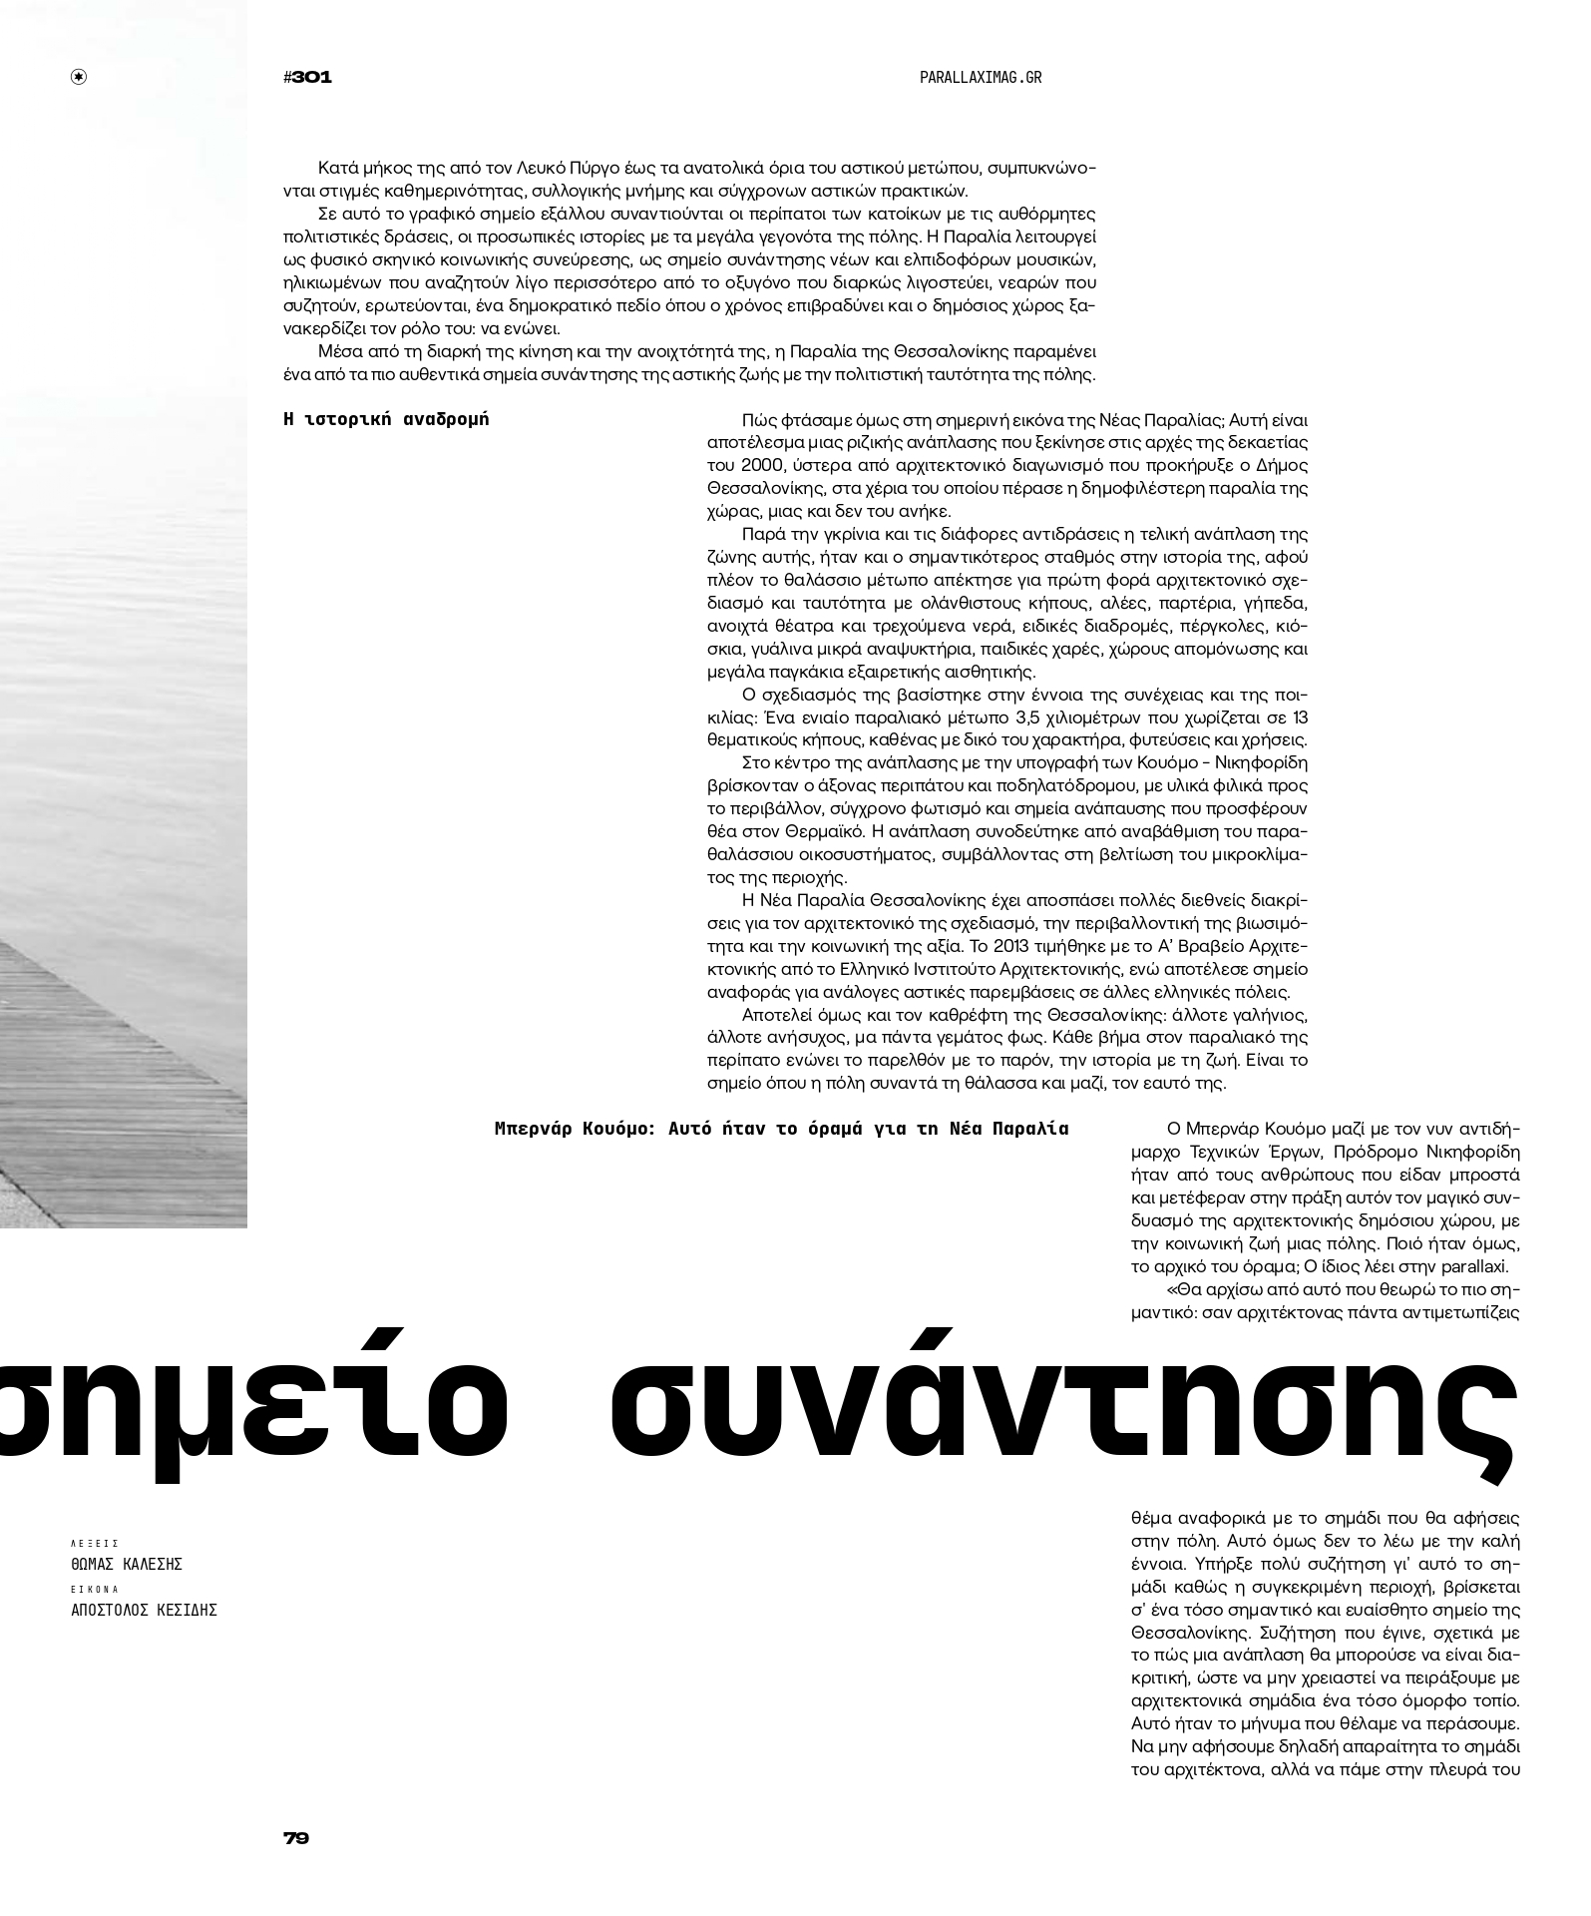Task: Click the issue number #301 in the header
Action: pyautogui.click(x=307, y=77)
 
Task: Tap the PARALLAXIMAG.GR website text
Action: pyautogui.click(x=980, y=77)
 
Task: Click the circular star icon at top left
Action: pyautogui.click(x=79, y=77)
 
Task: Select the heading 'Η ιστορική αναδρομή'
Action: pyautogui.click(x=387, y=419)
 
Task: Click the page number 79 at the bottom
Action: pyautogui.click(x=296, y=1837)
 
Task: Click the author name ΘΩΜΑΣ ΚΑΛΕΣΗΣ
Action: pyautogui.click(x=127, y=1564)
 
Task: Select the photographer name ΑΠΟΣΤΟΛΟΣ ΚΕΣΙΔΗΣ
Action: pyautogui.click(x=144, y=1610)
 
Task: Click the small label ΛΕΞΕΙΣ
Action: pyautogui.click(x=95, y=1543)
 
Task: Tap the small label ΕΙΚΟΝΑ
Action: pyautogui.click(x=95, y=1589)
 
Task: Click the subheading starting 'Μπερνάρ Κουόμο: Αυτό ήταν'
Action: pyautogui.click(x=781, y=1129)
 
